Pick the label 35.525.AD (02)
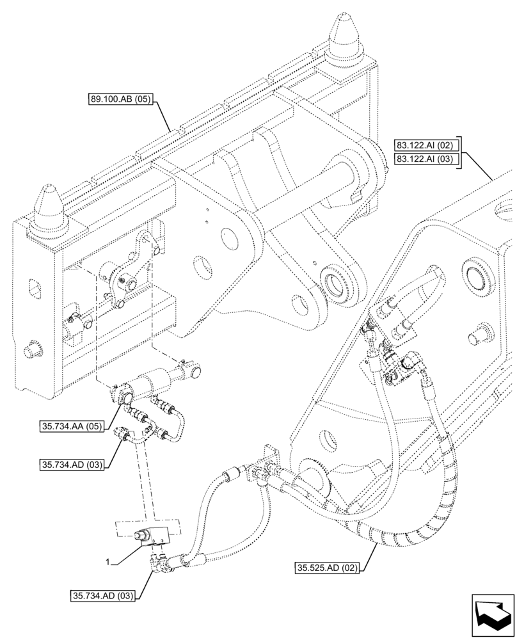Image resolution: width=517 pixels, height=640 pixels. (x=327, y=567)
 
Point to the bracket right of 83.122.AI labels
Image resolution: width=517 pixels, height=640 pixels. (x=459, y=152)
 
